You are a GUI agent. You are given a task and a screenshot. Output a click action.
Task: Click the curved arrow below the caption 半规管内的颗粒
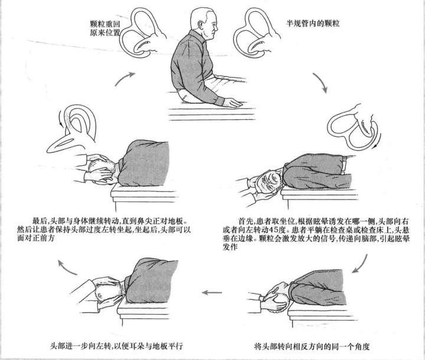tap(319, 83)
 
